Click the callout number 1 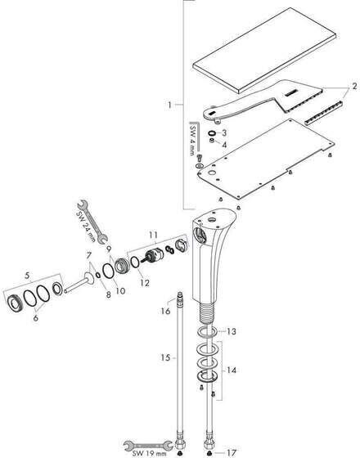tap(169, 105)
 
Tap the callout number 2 tap(354, 86)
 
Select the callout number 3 tap(224, 132)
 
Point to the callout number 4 tap(224, 145)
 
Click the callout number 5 tap(27, 275)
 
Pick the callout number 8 tap(108, 294)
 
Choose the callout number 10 tap(120, 290)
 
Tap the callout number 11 tap(154, 235)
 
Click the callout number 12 tap(145, 282)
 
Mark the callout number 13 tap(232, 331)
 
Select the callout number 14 tap(232, 370)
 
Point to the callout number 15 tap(165, 357)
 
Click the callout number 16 tap(165, 311)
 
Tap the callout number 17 tap(231, 452)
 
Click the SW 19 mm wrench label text tap(149, 453)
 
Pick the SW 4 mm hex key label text tap(192, 140)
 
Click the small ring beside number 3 tap(212, 132)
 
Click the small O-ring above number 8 tap(98, 275)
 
